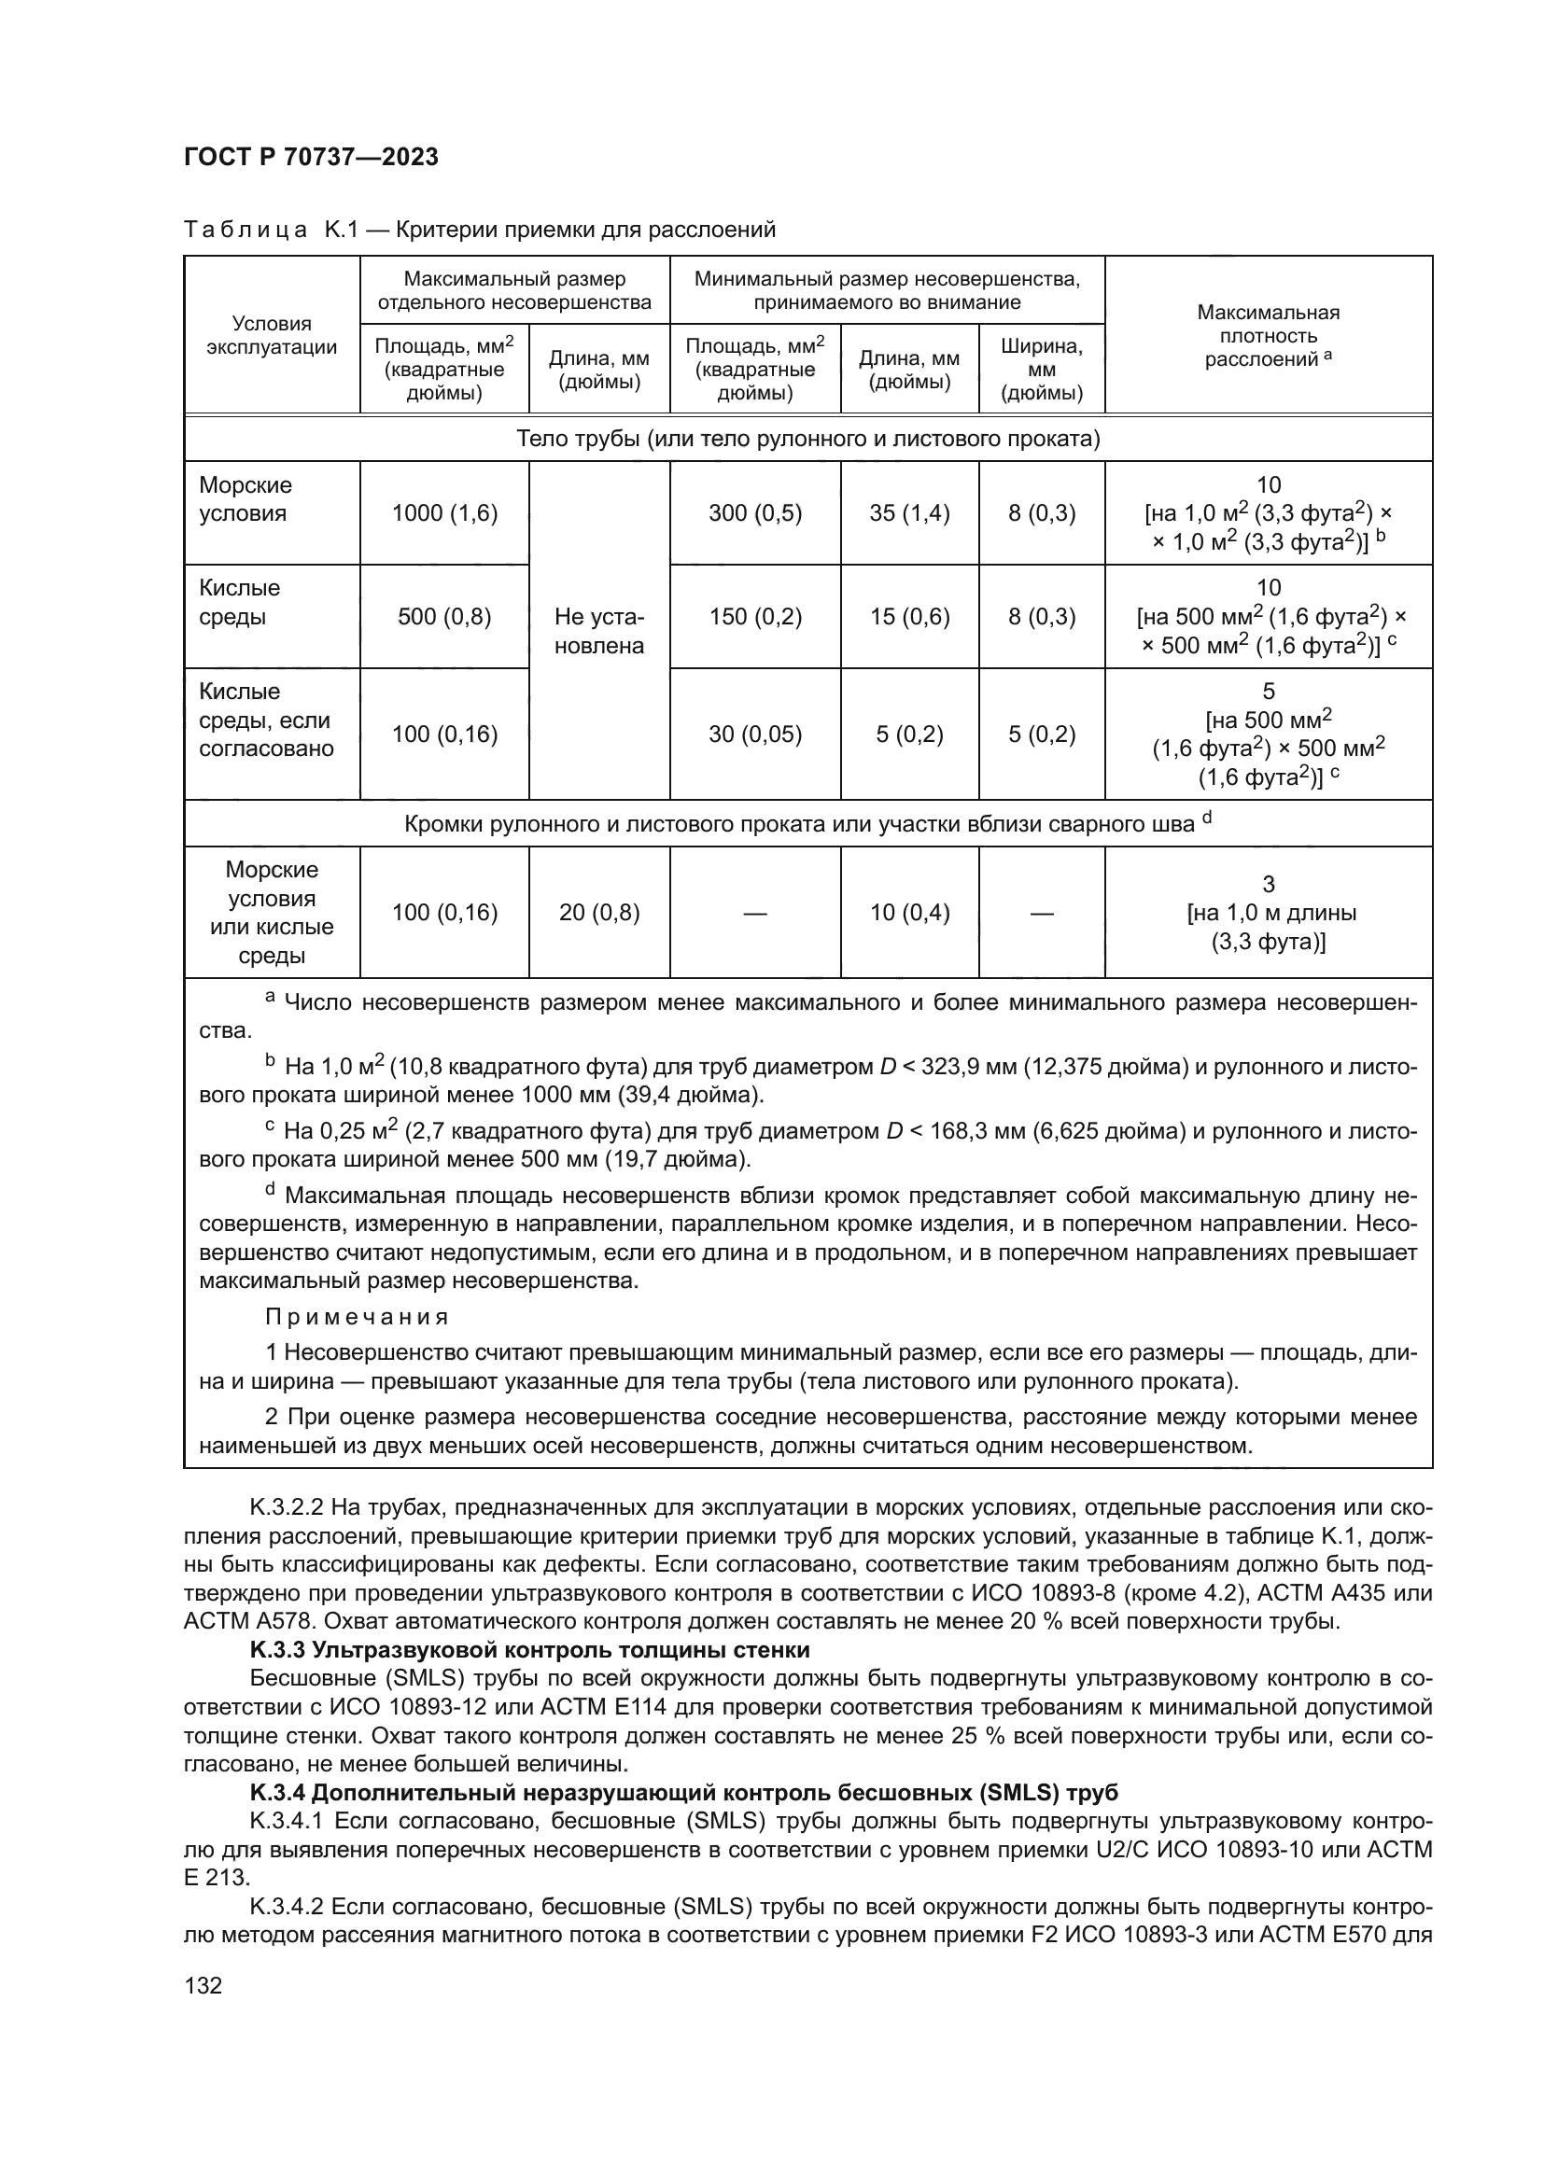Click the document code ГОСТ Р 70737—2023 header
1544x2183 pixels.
pyautogui.click(x=311, y=157)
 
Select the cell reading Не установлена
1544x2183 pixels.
pyautogui.click(x=598, y=630)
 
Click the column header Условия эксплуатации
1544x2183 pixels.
pyautogui.click(x=271, y=335)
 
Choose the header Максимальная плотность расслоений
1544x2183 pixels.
pyautogui.click(x=1268, y=335)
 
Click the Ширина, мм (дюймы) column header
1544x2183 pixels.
pyautogui.click(x=1041, y=369)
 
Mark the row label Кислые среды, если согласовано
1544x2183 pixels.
pyautogui.click(x=266, y=720)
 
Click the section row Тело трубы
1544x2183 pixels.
pyautogui.click(x=807, y=439)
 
